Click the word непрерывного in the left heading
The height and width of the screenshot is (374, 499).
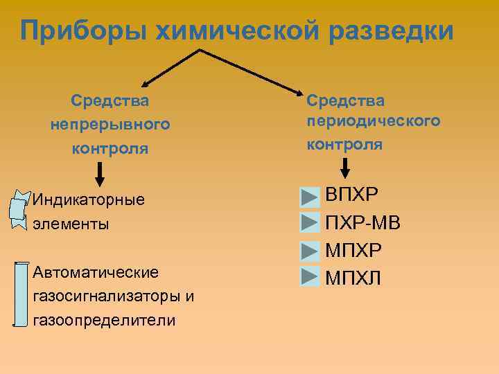[110, 125]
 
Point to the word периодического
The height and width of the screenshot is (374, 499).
[374, 121]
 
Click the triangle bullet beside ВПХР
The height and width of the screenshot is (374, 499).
[309, 197]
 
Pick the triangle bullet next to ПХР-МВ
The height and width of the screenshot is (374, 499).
[309, 224]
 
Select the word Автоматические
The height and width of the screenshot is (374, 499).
[96, 272]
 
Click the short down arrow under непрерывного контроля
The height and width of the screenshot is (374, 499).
[100, 173]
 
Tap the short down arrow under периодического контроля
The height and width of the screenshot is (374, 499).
[346, 168]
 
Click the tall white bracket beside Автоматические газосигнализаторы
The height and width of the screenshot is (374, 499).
[21, 294]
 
